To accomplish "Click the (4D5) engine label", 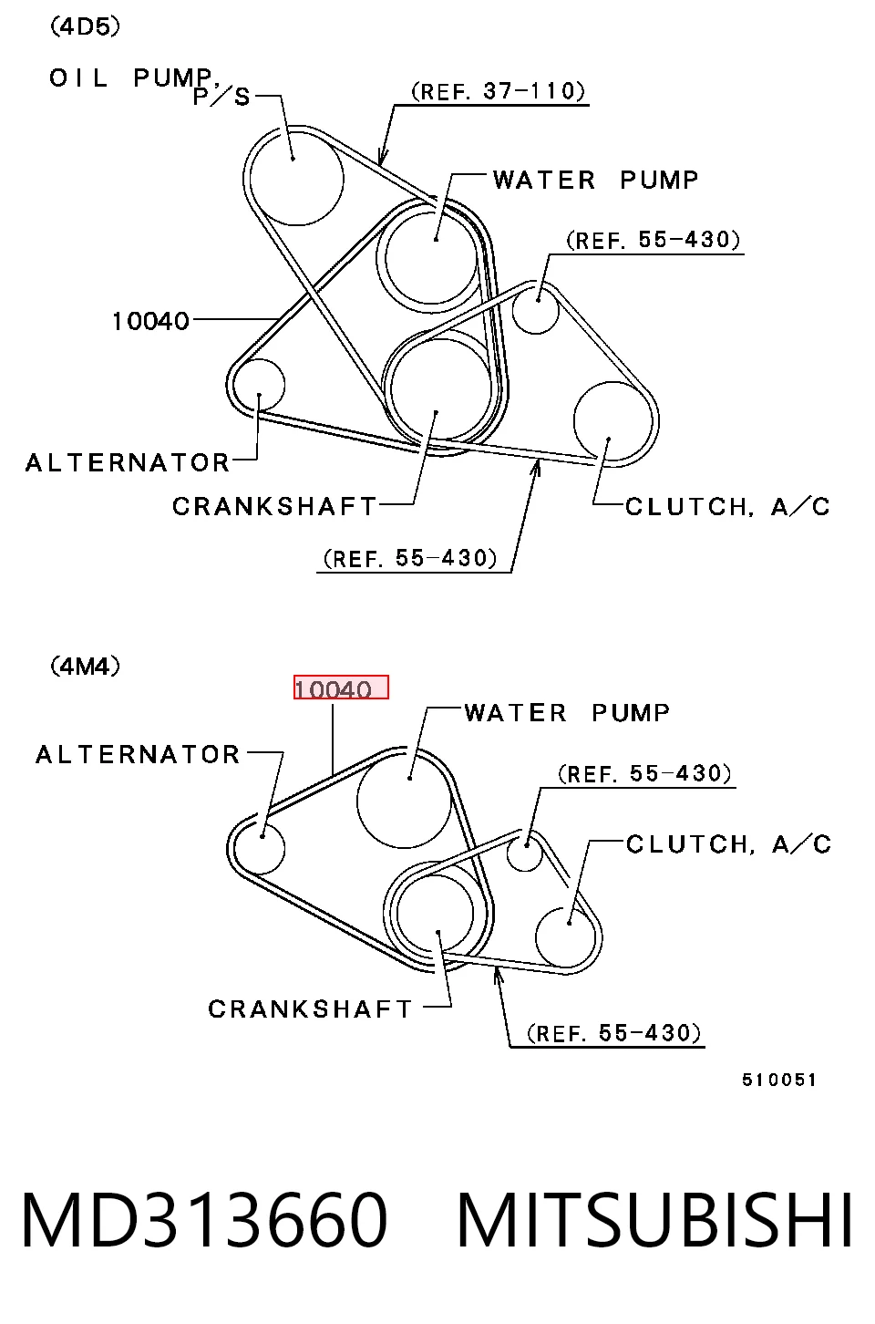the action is tap(85, 26).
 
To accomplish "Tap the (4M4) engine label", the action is tap(85, 667).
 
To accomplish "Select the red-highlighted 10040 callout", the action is tap(341, 687).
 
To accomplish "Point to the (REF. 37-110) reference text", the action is tap(498, 91).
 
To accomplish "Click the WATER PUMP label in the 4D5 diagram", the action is tap(595, 180).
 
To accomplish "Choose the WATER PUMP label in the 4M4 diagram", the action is tap(567, 713).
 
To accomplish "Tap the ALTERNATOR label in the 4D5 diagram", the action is tap(127, 463).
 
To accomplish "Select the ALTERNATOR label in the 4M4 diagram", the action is tap(137, 755).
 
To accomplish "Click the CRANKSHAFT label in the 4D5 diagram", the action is tap(274, 507).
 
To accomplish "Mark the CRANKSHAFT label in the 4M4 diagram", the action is tap(310, 1009).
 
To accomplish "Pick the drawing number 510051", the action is tap(779, 1080).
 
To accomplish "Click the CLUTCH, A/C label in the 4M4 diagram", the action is tap(728, 844).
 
